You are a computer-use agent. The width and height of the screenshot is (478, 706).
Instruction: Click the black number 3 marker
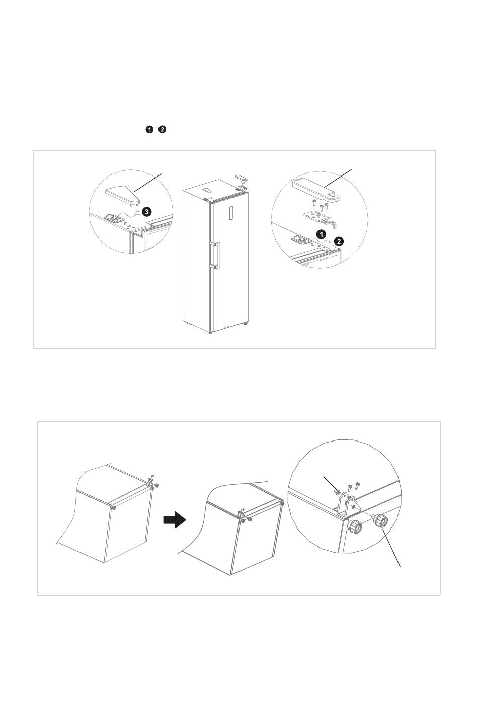[x=146, y=212]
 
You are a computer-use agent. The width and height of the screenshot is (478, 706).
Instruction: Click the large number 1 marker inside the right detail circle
[x=321, y=234]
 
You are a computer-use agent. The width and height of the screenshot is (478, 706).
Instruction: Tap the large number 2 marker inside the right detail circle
[x=339, y=241]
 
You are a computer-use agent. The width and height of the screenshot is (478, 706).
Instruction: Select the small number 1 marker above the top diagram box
[x=149, y=129]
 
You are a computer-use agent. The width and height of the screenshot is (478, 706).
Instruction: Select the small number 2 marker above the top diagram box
[x=162, y=129]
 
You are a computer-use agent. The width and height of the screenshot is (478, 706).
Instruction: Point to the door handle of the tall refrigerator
[x=215, y=254]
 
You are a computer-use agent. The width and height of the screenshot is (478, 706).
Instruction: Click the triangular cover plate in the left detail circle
[x=122, y=193]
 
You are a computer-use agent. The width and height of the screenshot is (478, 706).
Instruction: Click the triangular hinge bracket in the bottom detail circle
[x=347, y=504]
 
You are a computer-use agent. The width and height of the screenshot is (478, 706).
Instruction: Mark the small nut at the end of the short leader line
[x=337, y=491]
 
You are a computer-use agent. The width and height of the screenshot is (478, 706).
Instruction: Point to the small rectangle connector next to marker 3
[x=137, y=212]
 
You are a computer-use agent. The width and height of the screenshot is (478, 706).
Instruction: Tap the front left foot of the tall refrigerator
[x=210, y=332]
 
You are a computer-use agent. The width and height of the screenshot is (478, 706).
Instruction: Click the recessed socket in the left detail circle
[x=113, y=218]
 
